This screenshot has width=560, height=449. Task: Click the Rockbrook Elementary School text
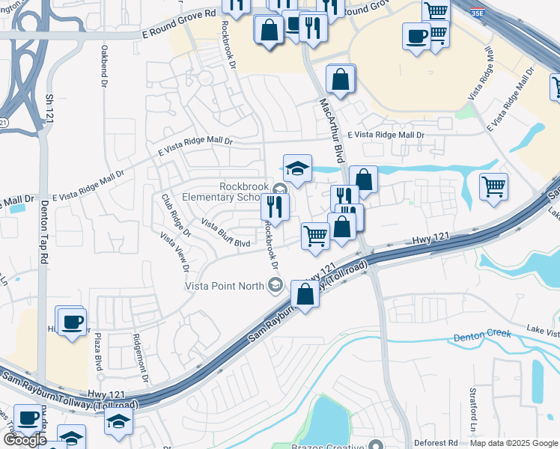pyautogui.click(x=244, y=192)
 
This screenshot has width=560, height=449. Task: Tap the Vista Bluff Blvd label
pyautogui.click(x=225, y=233)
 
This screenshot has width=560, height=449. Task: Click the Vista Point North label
pyautogui.click(x=225, y=285)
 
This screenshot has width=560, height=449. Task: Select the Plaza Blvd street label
pyautogui.click(x=98, y=352)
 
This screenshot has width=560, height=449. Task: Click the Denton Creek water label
pyautogui.click(x=483, y=337)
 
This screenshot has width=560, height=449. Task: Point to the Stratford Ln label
pyautogui.click(x=473, y=403)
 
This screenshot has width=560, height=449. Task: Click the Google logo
pyautogui.click(x=24, y=440)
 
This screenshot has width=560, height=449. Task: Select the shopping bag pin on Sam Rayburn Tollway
pyautogui.click(x=305, y=294)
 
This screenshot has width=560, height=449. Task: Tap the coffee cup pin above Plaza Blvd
pyautogui.click(x=73, y=323)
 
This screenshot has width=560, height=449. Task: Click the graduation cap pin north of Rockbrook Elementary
pyautogui.click(x=297, y=168)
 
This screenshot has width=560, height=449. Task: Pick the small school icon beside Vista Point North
pyautogui.click(x=276, y=284)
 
